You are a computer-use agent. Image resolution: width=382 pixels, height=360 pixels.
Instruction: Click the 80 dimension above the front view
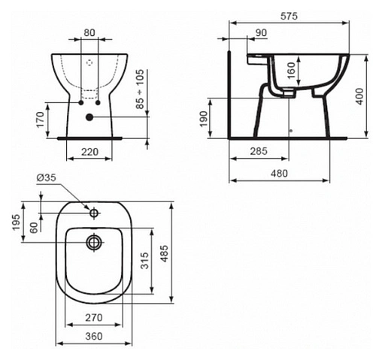(x=89, y=33)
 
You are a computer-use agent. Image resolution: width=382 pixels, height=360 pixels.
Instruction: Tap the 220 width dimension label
(x=89, y=151)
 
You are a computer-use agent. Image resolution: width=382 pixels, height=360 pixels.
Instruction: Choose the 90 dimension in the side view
(x=261, y=32)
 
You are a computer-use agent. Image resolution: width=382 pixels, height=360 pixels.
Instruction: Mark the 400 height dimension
(x=360, y=95)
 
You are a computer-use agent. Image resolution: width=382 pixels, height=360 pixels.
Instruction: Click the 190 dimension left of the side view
(x=204, y=119)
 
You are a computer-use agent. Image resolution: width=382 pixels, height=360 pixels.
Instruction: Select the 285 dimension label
(x=259, y=152)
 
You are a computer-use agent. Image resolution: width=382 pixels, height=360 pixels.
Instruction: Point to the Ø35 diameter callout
(x=46, y=177)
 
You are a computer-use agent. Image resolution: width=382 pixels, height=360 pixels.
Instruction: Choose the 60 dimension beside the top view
(x=34, y=228)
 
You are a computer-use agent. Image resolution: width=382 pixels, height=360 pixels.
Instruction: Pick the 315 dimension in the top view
(x=144, y=259)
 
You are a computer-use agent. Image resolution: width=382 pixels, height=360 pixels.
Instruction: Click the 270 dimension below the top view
(x=94, y=318)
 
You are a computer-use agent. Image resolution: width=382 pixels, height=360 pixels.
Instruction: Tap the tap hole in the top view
(x=94, y=213)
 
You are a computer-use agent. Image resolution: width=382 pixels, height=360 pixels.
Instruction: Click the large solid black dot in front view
(x=89, y=116)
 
